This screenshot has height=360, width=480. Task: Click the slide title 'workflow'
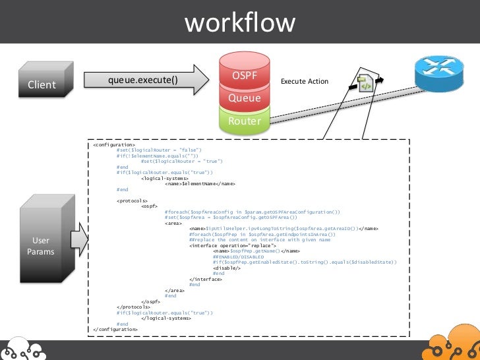[x=240, y=23]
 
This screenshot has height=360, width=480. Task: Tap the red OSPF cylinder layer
[x=245, y=75]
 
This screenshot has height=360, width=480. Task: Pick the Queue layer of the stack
[x=245, y=98]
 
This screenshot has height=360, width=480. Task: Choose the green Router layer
[x=245, y=121]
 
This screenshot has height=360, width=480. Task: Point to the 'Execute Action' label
[x=304, y=82]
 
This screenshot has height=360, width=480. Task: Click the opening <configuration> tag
[x=114, y=144]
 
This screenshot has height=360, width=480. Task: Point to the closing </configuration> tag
[x=116, y=329]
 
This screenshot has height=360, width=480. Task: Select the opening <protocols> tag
[x=133, y=200]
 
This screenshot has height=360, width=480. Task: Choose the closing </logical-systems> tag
[x=166, y=318]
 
